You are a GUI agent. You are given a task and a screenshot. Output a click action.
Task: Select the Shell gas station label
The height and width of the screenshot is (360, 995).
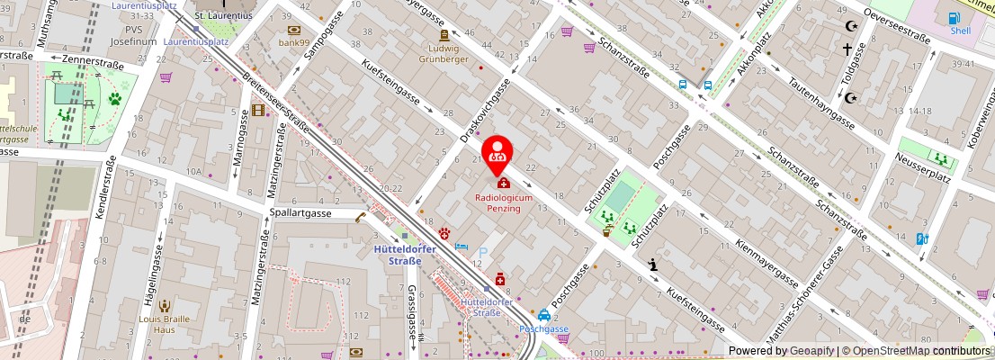961,30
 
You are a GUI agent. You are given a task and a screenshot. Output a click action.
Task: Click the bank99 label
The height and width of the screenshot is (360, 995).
293,41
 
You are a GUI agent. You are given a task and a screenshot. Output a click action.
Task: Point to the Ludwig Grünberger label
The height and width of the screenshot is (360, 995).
444,53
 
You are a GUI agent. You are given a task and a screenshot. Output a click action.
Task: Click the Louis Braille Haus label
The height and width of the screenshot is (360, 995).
163,324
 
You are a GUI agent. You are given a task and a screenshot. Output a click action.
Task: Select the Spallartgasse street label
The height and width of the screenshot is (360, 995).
301,213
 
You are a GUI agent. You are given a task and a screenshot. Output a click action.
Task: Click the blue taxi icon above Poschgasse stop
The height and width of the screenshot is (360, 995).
544,315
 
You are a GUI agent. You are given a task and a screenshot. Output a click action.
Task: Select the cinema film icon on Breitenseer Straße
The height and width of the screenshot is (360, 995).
259,110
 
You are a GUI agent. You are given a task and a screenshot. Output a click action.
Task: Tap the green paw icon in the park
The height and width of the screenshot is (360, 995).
115,99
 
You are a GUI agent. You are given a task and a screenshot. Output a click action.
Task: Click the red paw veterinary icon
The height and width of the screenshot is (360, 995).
444,232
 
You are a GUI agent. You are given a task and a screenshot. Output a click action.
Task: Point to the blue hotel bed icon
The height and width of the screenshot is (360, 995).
462,246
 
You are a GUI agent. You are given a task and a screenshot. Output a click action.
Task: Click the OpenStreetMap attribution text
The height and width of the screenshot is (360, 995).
910,351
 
